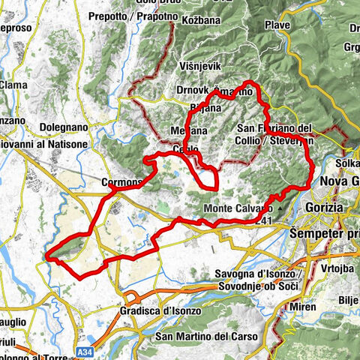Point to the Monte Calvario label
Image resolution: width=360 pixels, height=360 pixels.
238,208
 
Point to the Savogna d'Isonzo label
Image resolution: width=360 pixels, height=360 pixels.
259,273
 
